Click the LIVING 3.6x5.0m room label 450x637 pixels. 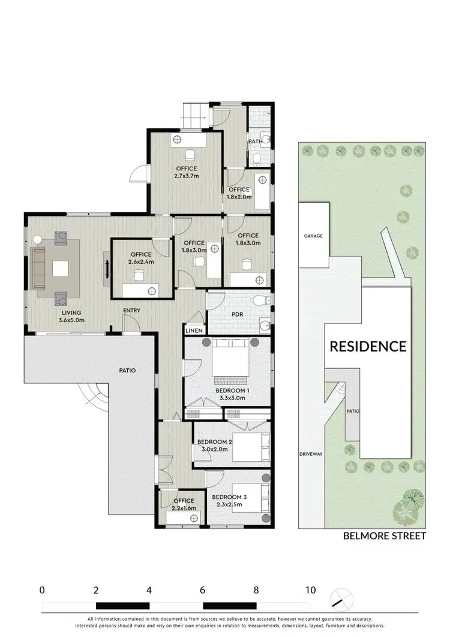(71, 316)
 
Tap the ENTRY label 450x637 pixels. (132, 310)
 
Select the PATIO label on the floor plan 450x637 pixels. (127, 371)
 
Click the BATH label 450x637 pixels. (254, 142)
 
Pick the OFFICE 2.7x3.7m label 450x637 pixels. (187, 173)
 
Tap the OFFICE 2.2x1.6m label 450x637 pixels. (184, 504)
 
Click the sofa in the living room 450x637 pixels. (39, 268)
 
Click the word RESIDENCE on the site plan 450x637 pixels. (368, 346)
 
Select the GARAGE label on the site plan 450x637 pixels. (313, 236)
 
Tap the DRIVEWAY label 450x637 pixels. (311, 454)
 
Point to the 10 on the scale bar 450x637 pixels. (310, 590)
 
